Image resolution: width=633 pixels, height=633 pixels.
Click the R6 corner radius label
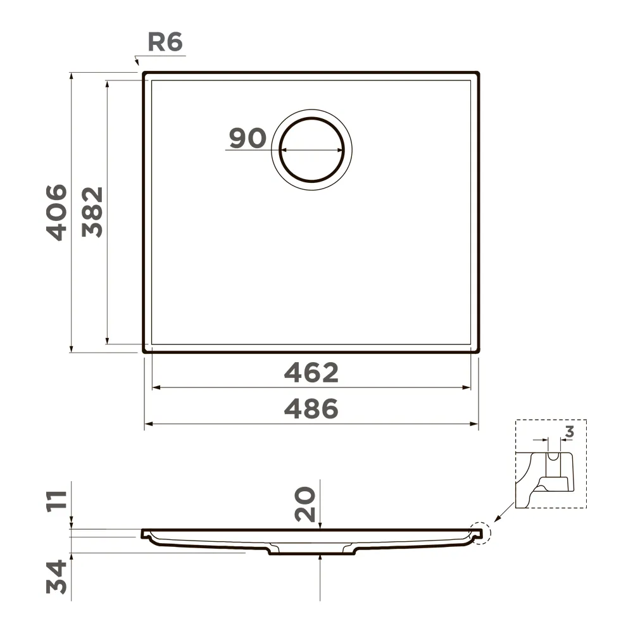pos(165,42)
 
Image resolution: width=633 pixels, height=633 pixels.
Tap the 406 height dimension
pos(56,212)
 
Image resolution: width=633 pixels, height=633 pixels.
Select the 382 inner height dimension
pos(92,212)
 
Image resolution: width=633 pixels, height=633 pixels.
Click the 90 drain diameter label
pos(248,137)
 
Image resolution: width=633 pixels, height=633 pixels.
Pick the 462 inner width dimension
pos(311,373)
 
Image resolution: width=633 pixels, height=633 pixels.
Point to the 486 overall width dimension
pos(311,408)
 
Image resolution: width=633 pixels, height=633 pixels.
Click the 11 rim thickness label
pos(56,502)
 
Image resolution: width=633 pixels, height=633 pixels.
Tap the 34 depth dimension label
pos(56,577)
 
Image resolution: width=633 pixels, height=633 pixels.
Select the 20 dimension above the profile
pos(305,505)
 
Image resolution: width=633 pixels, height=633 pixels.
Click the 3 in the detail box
pos(569,432)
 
